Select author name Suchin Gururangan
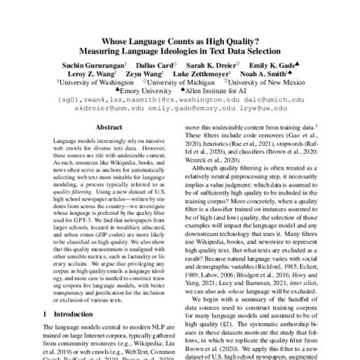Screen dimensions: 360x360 click(x=96, y=68)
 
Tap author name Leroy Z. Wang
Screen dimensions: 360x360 click(x=108, y=77)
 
